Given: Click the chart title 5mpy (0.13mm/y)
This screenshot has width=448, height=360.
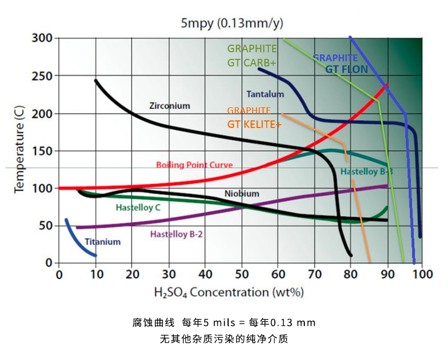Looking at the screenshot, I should (x=232, y=23).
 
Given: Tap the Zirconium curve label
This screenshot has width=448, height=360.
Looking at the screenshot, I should (x=169, y=106).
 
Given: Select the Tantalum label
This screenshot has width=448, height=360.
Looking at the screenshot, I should (x=265, y=94).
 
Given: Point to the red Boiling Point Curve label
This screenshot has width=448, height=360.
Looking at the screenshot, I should (x=194, y=164).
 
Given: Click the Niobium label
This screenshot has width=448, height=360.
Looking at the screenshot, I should (x=242, y=193).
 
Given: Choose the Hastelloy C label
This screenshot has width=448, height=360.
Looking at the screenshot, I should (x=138, y=208).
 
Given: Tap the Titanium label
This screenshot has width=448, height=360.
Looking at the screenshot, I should (x=102, y=241).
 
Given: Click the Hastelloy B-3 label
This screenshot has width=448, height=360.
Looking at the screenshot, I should (x=366, y=172).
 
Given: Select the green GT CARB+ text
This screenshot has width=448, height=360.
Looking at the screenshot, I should (x=251, y=63).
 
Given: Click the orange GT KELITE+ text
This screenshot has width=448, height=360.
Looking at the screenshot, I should (x=254, y=124).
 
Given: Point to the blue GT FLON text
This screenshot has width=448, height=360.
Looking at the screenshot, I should (x=346, y=69).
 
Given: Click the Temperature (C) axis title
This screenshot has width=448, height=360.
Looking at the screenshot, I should (x=20, y=151).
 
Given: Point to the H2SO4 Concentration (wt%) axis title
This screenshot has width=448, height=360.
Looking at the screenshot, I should (x=228, y=292).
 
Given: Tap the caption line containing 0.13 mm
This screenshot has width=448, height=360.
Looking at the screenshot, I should (x=224, y=322).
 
